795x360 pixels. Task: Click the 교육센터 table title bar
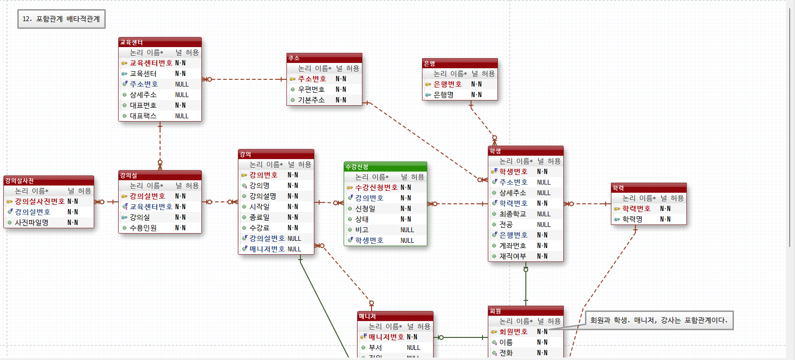(x=160, y=42)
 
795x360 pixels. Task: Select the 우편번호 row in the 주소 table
(x=311, y=89)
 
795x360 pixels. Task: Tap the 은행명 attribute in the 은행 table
(x=444, y=95)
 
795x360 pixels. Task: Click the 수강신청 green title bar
(x=385, y=167)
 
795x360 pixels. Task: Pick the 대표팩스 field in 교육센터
(x=143, y=116)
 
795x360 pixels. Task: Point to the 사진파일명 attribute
(x=32, y=223)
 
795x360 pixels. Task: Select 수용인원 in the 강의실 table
(x=143, y=228)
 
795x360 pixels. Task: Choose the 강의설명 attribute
(x=263, y=196)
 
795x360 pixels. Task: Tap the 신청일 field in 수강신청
(x=365, y=209)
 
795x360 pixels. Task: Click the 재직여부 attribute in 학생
(x=513, y=256)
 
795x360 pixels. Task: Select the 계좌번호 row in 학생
(x=513, y=246)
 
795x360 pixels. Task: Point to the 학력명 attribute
(x=633, y=219)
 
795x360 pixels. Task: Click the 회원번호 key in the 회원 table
(x=513, y=332)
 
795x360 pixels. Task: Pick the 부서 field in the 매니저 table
(x=375, y=348)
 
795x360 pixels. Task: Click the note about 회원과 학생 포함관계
(x=659, y=320)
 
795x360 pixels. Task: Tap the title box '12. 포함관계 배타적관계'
(x=61, y=19)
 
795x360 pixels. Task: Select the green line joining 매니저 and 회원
(x=461, y=337)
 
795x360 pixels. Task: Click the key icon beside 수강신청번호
(x=350, y=188)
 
